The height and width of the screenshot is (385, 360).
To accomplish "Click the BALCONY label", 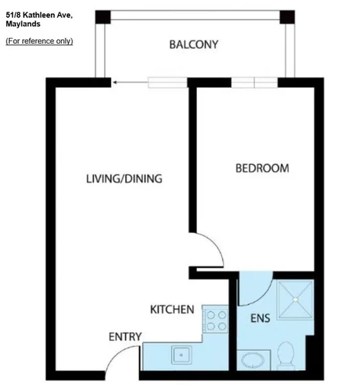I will pyautogui.click(x=193, y=45).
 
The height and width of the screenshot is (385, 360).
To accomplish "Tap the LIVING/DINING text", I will pyautogui.click(x=124, y=179).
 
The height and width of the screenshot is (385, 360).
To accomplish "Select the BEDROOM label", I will pyautogui.click(x=262, y=168).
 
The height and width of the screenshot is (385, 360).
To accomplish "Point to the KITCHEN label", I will pyautogui.click(x=172, y=310).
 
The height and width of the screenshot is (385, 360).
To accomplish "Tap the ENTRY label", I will pyautogui.click(x=125, y=337).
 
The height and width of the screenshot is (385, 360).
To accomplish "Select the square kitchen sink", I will pyautogui.click(x=182, y=356).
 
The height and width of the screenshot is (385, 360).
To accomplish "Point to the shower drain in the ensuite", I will pyautogui.click(x=295, y=299).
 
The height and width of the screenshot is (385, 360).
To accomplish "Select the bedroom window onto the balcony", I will pyautogui.click(x=254, y=82).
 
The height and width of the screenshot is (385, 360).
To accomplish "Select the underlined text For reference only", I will pyautogui.click(x=39, y=41).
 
